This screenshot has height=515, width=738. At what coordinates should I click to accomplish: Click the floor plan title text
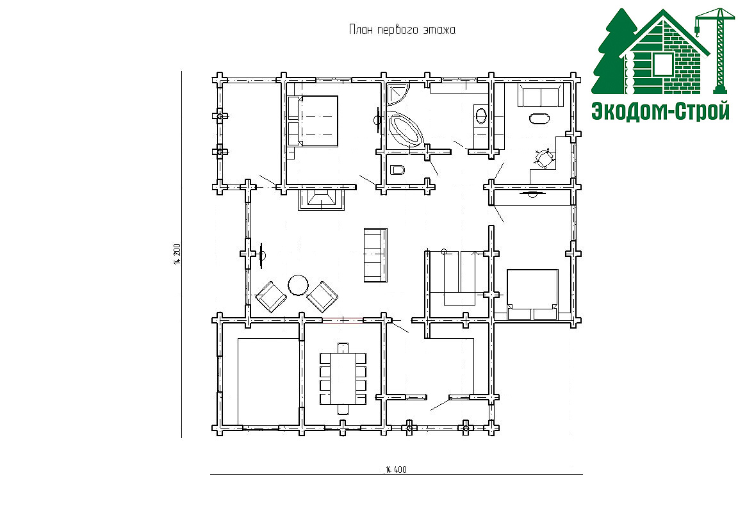point(402,30)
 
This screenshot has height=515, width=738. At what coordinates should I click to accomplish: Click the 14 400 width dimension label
point(396,470)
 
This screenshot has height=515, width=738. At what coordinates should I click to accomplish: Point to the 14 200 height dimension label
point(177,254)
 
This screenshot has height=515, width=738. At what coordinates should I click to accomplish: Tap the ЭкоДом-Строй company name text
point(660,111)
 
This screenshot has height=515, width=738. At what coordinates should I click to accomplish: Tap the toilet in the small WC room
point(398,170)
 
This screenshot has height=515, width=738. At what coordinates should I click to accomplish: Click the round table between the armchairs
point(299,285)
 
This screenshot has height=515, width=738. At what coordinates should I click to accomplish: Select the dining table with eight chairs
point(343,378)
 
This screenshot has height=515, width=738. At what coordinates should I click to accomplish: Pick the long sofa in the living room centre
point(375,255)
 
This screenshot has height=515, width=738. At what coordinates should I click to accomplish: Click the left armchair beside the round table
point(270,297)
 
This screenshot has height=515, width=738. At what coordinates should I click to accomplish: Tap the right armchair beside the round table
point(322,297)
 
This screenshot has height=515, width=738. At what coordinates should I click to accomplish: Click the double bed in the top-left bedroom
point(313,122)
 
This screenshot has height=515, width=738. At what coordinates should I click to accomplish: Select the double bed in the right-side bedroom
point(532,295)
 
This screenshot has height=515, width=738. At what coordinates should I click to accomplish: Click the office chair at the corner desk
point(544,158)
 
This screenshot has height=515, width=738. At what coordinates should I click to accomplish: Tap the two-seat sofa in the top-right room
point(541,96)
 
